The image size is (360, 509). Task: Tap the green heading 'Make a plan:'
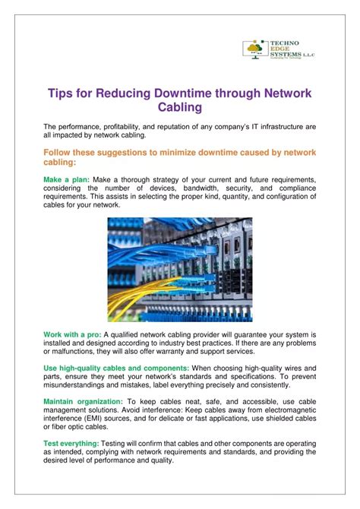pos(67,179)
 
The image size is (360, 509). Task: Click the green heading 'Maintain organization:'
pos(82,400)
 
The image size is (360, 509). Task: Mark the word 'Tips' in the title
pos(63,93)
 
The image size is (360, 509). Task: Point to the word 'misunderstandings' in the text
pos(79,385)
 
